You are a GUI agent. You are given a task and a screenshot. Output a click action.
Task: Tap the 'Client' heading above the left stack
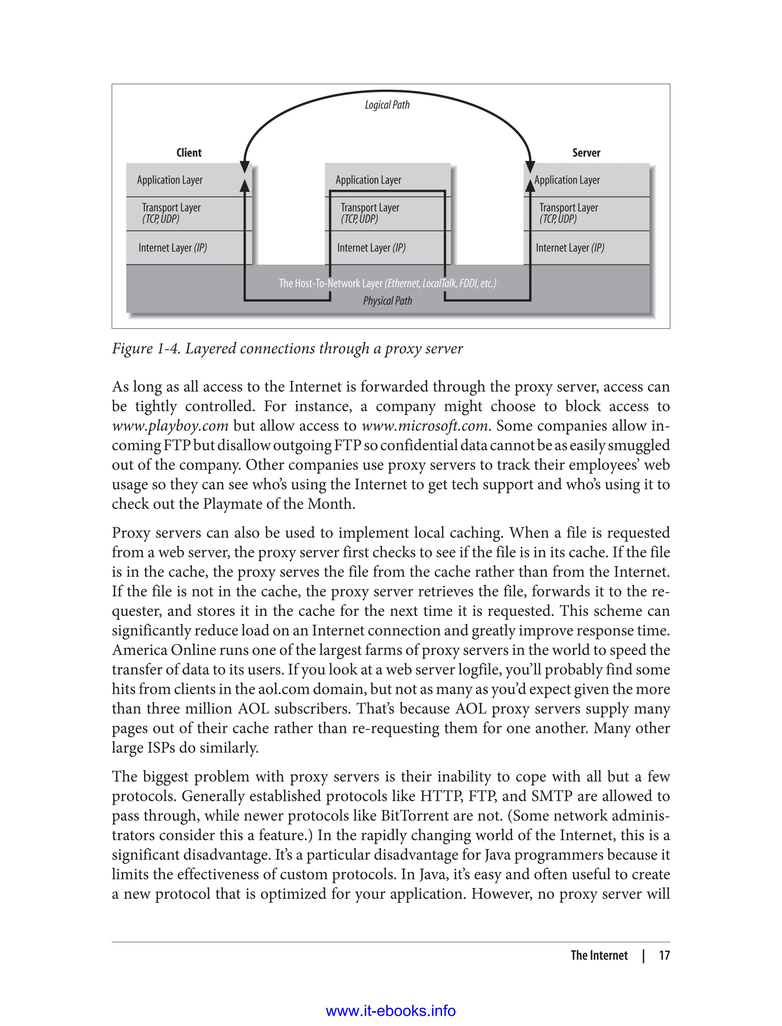coord(189,153)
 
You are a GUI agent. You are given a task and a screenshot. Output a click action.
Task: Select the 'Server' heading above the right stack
coord(586,153)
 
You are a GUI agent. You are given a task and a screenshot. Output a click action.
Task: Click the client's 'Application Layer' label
coord(170,180)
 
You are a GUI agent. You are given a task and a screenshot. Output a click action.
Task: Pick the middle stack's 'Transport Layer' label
coord(370,208)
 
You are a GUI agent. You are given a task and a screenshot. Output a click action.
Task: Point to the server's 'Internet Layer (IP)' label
coord(570,248)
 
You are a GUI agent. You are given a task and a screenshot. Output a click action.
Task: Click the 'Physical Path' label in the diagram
coord(387,301)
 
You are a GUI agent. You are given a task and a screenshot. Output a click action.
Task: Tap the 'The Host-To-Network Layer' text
coord(331,283)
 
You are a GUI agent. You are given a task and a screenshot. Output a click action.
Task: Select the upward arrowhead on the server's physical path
coord(530,185)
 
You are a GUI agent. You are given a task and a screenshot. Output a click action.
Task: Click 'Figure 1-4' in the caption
coord(146,348)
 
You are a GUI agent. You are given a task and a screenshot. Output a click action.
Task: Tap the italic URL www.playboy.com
coord(170,426)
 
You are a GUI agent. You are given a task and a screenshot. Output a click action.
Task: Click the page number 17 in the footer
coord(664,955)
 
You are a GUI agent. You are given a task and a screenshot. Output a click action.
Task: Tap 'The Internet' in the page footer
coord(599,955)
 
